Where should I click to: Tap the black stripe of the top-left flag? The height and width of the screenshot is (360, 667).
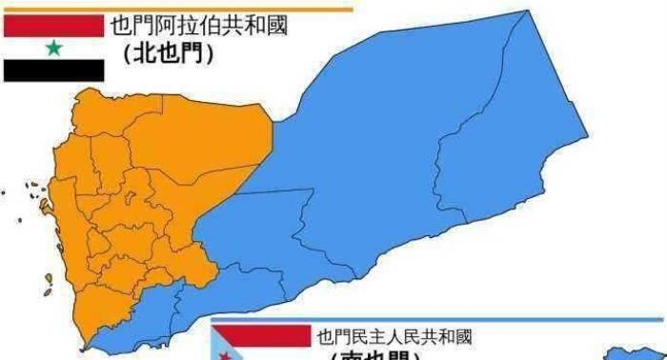pyautogui.click(x=53, y=70)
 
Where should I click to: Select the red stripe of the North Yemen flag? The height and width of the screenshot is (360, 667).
pyautogui.click(x=53, y=27)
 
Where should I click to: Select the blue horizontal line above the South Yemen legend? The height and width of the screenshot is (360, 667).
pyautogui.click(x=438, y=319)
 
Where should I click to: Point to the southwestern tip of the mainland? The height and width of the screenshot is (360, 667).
pyautogui.click(x=88, y=341)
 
